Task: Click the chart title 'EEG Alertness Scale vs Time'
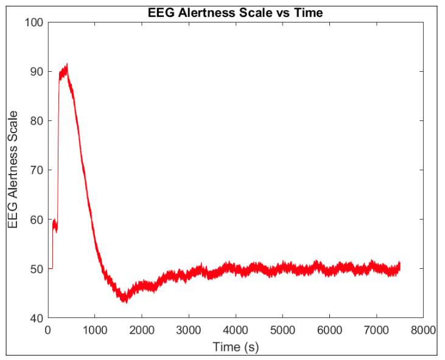click(x=235, y=12)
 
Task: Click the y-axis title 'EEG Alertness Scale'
click(x=13, y=170)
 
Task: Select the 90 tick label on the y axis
click(x=36, y=72)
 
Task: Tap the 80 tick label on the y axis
click(x=36, y=121)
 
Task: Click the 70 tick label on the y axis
click(x=36, y=170)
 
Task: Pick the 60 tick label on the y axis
click(x=36, y=220)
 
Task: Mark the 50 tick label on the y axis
click(x=36, y=269)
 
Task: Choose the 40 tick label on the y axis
click(x=36, y=318)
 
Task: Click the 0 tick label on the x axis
click(x=47, y=330)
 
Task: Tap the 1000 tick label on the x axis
click(x=94, y=330)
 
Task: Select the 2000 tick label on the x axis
click(x=141, y=330)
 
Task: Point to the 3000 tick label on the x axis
click(x=188, y=330)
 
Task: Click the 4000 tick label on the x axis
click(x=235, y=330)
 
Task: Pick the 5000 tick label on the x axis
click(x=282, y=330)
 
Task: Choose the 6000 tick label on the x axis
click(x=329, y=330)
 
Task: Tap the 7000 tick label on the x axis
click(x=376, y=330)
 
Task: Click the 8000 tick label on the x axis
click(x=422, y=330)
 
